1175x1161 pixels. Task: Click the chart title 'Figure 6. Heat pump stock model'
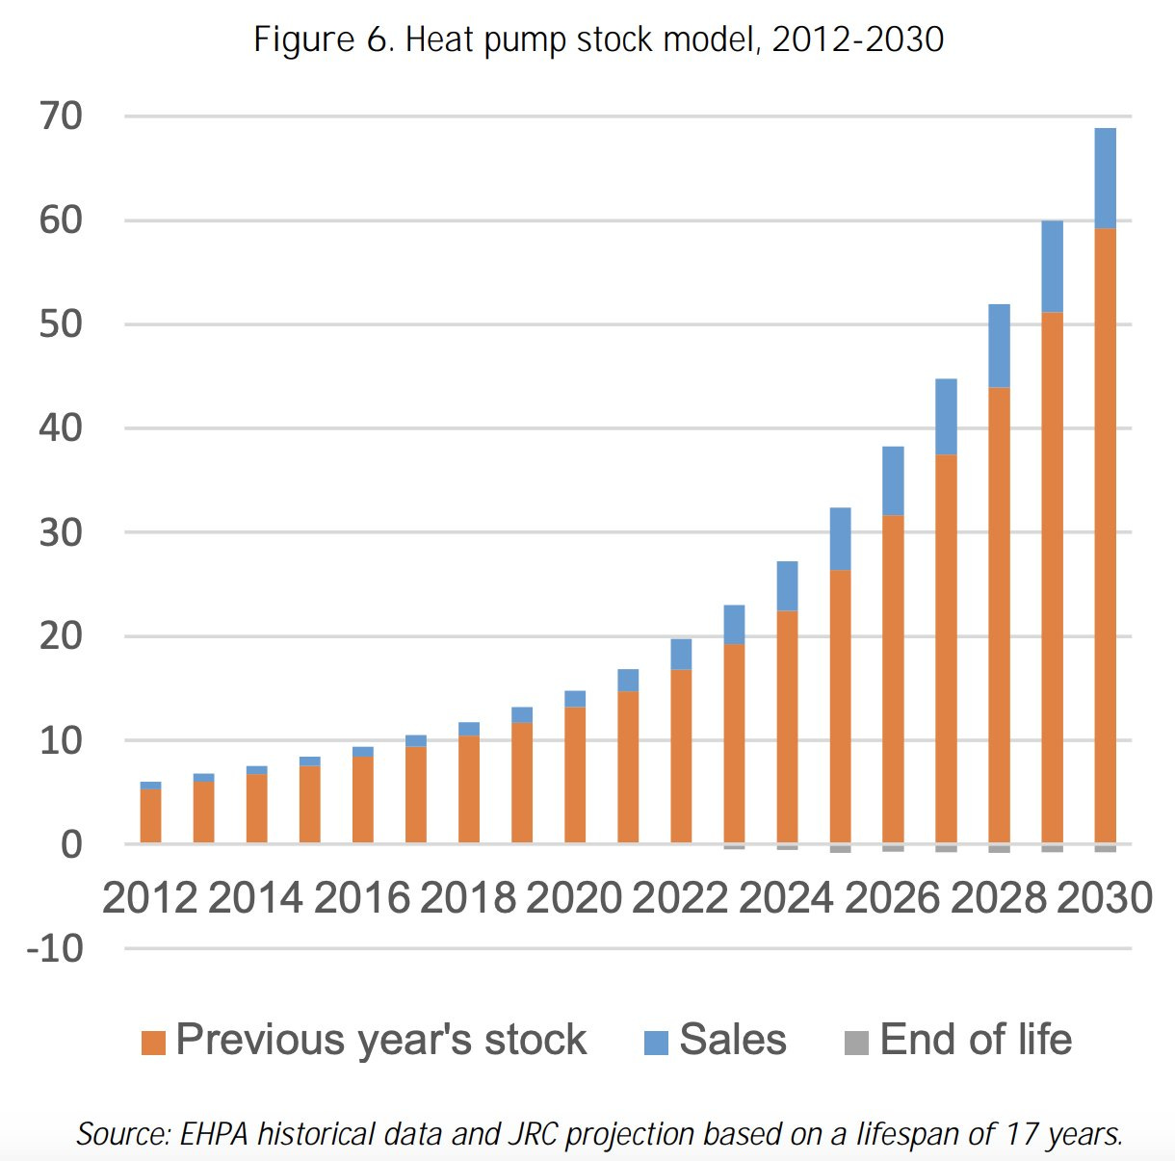598,40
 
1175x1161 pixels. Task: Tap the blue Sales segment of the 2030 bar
1105,178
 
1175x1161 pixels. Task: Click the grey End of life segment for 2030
1105,848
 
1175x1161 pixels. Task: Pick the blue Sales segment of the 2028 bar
999,346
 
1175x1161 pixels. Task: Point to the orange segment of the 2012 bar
150,815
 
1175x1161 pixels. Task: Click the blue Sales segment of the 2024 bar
787,585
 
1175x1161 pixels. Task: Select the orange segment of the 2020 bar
575,774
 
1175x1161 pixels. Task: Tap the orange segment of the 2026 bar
893,678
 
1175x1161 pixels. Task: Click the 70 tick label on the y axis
61,116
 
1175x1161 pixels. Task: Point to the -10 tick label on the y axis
55,949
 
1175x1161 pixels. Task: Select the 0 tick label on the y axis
71,845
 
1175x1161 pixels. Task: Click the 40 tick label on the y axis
61,428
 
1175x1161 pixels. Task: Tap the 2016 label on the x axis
362,898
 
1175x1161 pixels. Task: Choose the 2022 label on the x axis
680,898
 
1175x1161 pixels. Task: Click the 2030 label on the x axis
1105,898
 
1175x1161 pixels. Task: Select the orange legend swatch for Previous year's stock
153,1043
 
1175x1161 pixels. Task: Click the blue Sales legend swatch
656,1043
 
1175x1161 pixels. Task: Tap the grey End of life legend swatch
856,1043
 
